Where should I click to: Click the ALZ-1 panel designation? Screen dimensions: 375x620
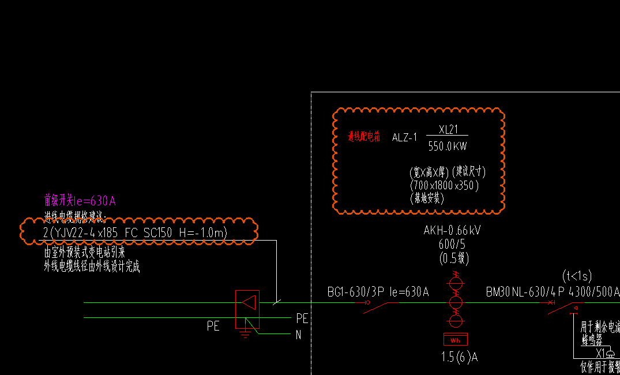404,138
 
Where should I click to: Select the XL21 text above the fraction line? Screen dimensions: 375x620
448,130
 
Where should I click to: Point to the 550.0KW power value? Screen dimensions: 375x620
448,147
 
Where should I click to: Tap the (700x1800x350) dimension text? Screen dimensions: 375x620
444,186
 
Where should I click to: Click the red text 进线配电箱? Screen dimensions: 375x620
364,137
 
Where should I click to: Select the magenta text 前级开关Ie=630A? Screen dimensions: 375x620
80,201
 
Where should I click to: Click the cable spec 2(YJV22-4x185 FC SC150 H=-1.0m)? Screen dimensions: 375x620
136,232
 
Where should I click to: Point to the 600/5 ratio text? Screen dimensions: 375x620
453,244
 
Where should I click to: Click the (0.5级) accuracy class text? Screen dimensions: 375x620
453,257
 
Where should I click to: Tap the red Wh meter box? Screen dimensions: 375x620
456,339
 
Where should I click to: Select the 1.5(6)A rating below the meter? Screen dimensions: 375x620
460,358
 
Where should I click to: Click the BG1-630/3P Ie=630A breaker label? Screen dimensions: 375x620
378,292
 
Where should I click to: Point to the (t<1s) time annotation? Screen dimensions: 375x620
577,276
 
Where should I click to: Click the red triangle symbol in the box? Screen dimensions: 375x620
249,302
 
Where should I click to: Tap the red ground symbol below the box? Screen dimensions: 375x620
245,333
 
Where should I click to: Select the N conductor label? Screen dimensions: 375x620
298,335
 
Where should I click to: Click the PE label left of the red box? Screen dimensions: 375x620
213,326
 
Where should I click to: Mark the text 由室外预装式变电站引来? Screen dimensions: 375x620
85,253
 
